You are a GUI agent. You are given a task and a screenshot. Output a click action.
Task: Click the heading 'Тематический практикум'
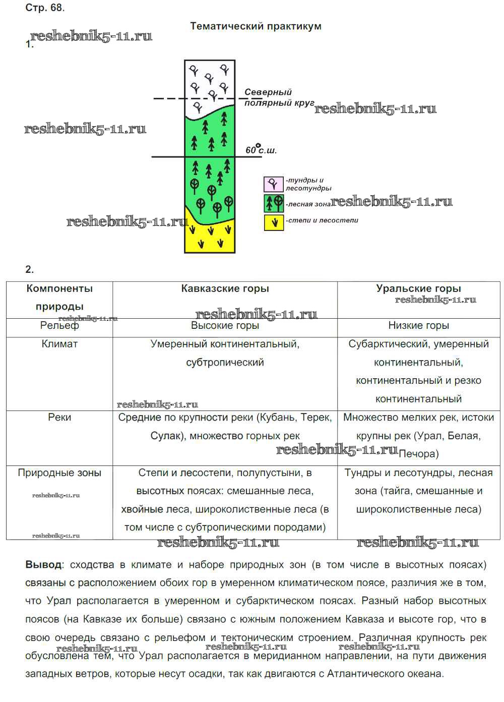point(256,26)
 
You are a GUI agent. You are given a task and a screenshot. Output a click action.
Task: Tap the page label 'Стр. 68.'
point(45,8)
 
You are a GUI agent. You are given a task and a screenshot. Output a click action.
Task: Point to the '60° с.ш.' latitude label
point(261,150)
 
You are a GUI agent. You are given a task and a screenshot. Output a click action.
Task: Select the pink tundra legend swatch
point(274,184)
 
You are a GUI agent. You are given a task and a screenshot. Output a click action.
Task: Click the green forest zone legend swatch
point(274,203)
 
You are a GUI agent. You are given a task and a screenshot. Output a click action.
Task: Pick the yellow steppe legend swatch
point(274,222)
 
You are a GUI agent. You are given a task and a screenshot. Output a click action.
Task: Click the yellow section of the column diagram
point(210,237)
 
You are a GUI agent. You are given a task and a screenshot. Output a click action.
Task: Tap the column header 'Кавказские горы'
point(225,288)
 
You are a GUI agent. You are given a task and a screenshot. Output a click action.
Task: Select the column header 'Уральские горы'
point(418,288)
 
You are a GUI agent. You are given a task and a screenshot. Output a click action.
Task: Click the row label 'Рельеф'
point(59,326)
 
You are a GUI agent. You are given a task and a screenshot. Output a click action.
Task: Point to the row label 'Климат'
point(59,344)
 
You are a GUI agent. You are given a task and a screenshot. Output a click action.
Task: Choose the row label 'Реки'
point(59,418)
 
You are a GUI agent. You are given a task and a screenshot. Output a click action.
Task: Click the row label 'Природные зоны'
point(59,473)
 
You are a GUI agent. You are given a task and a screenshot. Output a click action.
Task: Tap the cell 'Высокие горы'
point(225,326)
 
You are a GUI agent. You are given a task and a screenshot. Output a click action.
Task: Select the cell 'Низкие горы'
point(418,326)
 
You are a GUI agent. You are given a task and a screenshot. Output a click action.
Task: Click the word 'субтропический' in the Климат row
point(225,363)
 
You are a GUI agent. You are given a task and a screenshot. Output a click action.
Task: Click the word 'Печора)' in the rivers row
point(418,454)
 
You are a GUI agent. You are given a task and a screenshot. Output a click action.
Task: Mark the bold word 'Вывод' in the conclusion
point(44,565)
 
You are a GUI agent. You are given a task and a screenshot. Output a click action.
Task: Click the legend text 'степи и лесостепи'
point(323,220)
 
